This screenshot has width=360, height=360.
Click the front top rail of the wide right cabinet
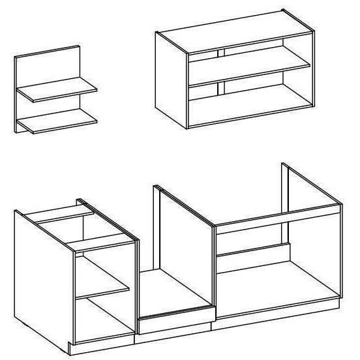pos(277,218)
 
